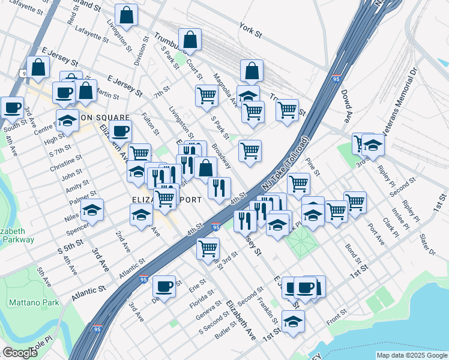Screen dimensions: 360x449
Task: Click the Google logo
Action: (20, 353)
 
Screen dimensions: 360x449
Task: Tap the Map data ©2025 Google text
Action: (412, 355)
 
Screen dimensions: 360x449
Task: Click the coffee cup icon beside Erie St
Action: (164, 286)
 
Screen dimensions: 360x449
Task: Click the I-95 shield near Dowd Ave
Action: (337, 79)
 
